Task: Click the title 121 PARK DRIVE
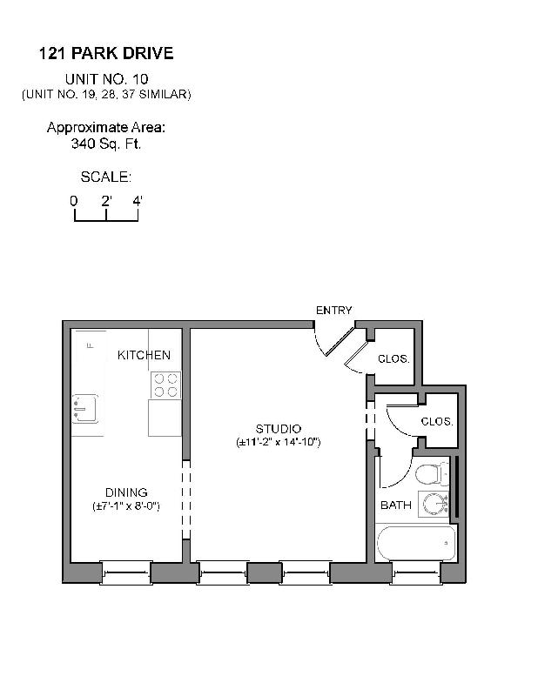pyautogui.click(x=106, y=54)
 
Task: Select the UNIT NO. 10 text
pyautogui.click(x=106, y=79)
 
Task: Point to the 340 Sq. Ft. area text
pyautogui.click(x=106, y=144)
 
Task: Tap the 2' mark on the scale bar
pyautogui.click(x=106, y=201)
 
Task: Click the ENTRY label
pyautogui.click(x=333, y=311)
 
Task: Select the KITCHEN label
pyautogui.click(x=144, y=355)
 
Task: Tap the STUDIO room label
pyautogui.click(x=279, y=429)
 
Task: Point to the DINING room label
pyautogui.click(x=126, y=492)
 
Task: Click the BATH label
pyautogui.click(x=396, y=505)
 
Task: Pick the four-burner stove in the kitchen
pyautogui.click(x=165, y=385)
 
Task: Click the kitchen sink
pyautogui.click(x=85, y=406)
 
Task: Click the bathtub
pyautogui.click(x=416, y=543)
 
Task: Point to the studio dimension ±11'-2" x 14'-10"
pyautogui.click(x=279, y=442)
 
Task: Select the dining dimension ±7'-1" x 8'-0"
pyautogui.click(x=126, y=505)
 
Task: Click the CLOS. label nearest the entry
pyautogui.click(x=393, y=358)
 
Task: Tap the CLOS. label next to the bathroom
pyautogui.click(x=437, y=421)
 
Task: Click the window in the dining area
pyautogui.click(x=126, y=572)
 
